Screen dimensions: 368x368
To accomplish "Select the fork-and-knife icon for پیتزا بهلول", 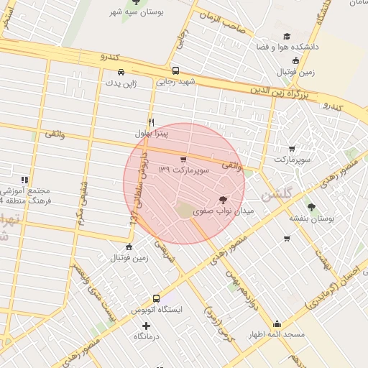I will [151, 122].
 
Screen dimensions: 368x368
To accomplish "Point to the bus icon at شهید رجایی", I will [176, 71].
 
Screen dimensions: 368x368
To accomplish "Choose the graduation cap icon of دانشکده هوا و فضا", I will [287, 36].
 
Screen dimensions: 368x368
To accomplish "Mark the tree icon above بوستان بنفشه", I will [310, 206].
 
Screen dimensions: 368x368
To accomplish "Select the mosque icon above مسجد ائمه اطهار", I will [277, 323].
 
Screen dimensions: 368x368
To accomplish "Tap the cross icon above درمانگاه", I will [147, 326].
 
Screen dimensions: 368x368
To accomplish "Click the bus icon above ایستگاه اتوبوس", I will [156, 298].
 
